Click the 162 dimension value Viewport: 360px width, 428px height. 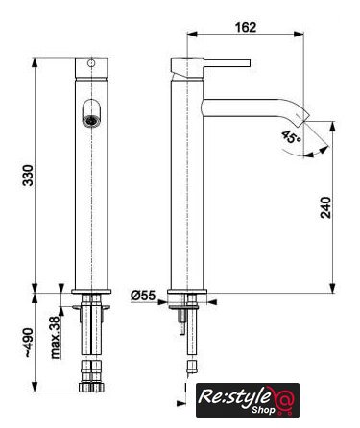click(246, 27)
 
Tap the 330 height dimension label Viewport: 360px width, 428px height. click(28, 176)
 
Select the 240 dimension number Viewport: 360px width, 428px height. click(325, 207)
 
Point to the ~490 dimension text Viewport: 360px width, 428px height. click(28, 343)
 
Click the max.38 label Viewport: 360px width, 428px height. click(55, 337)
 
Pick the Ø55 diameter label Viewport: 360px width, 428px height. click(143, 296)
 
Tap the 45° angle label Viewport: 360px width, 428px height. click(292, 137)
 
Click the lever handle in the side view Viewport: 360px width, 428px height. click(227, 62)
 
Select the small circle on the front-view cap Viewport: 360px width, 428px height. click(91, 63)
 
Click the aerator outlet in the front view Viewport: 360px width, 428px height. click(91, 120)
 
